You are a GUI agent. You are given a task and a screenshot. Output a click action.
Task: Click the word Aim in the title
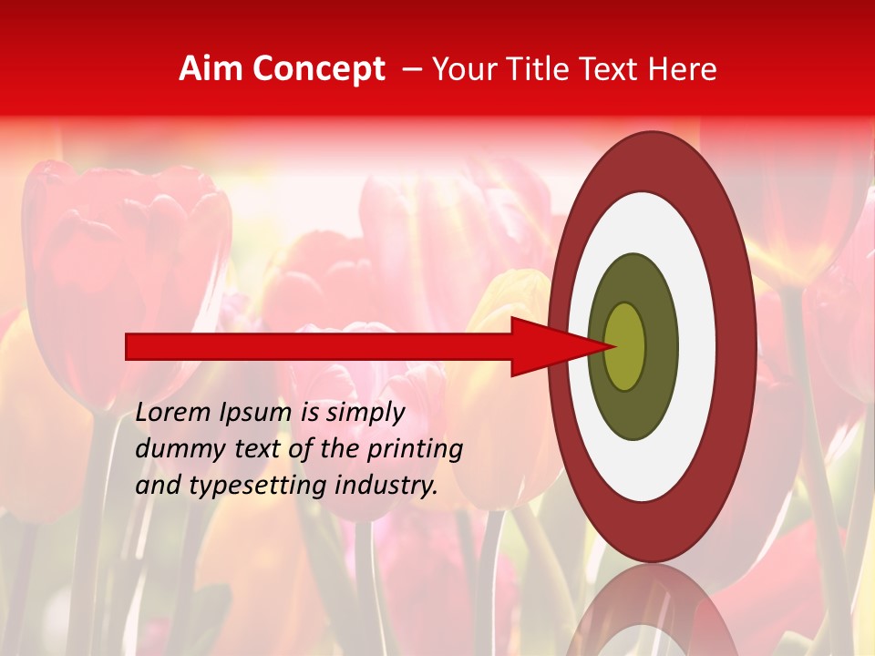(x=211, y=69)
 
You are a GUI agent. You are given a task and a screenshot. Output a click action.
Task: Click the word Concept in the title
(x=319, y=70)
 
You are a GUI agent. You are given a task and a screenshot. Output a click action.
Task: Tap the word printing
(x=415, y=448)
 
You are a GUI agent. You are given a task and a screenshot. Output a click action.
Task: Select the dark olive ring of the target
(x=661, y=346)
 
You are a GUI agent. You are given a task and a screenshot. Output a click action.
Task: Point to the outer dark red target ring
(x=737, y=346)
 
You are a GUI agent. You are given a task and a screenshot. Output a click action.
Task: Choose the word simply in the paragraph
(x=365, y=413)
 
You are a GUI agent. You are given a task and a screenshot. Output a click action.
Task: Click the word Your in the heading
(x=460, y=69)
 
